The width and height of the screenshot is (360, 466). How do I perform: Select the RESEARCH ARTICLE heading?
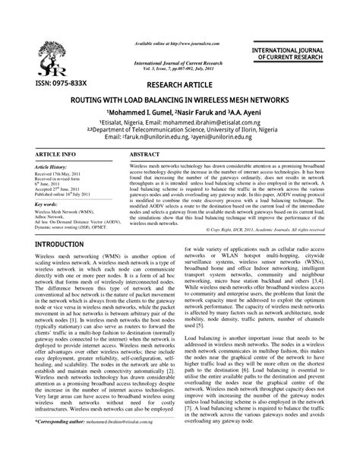[x=179, y=84]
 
